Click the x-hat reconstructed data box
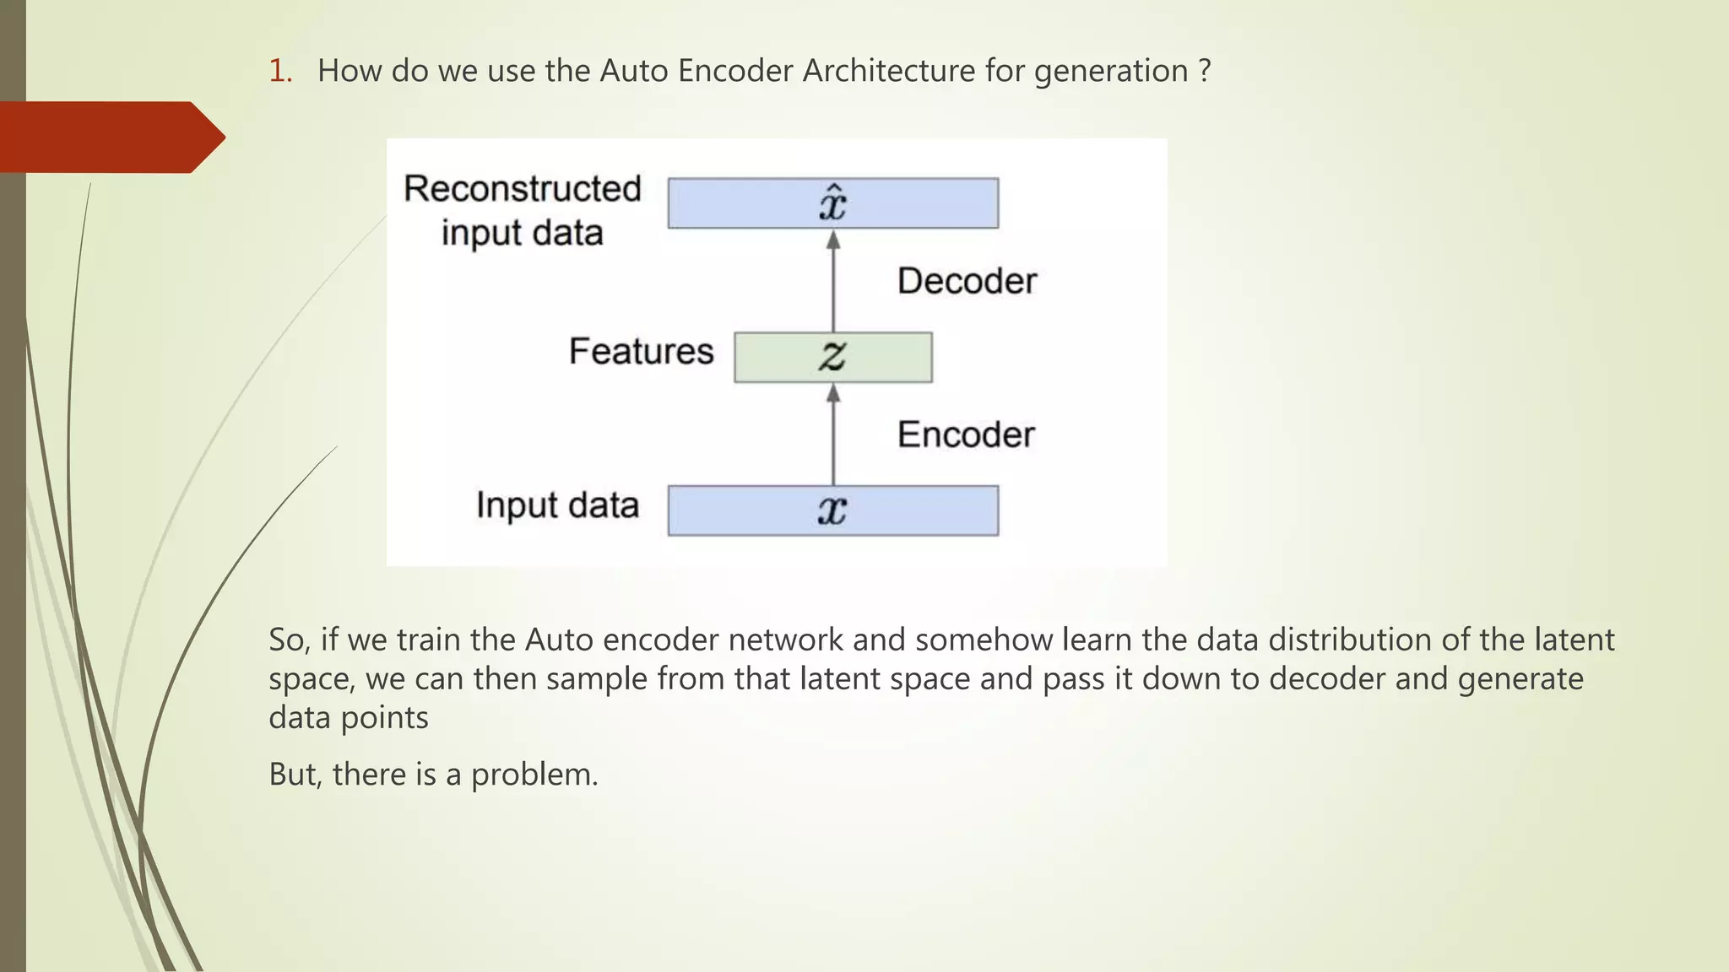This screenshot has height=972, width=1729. (832, 203)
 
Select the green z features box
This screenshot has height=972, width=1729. (832, 357)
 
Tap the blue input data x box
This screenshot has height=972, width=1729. (832, 510)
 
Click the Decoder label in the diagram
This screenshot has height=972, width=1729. (966, 281)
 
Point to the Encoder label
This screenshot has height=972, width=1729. (965, 435)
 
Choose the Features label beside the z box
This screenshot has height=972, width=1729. (641, 351)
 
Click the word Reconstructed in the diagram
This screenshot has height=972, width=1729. (522, 189)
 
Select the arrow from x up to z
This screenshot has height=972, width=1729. (833, 435)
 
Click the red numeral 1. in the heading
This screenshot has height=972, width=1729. (280, 71)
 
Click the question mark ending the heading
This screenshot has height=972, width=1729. (1204, 71)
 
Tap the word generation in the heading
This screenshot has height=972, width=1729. (1110, 71)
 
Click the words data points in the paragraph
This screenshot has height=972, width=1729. (348, 718)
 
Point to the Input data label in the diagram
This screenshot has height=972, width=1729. (557, 505)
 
